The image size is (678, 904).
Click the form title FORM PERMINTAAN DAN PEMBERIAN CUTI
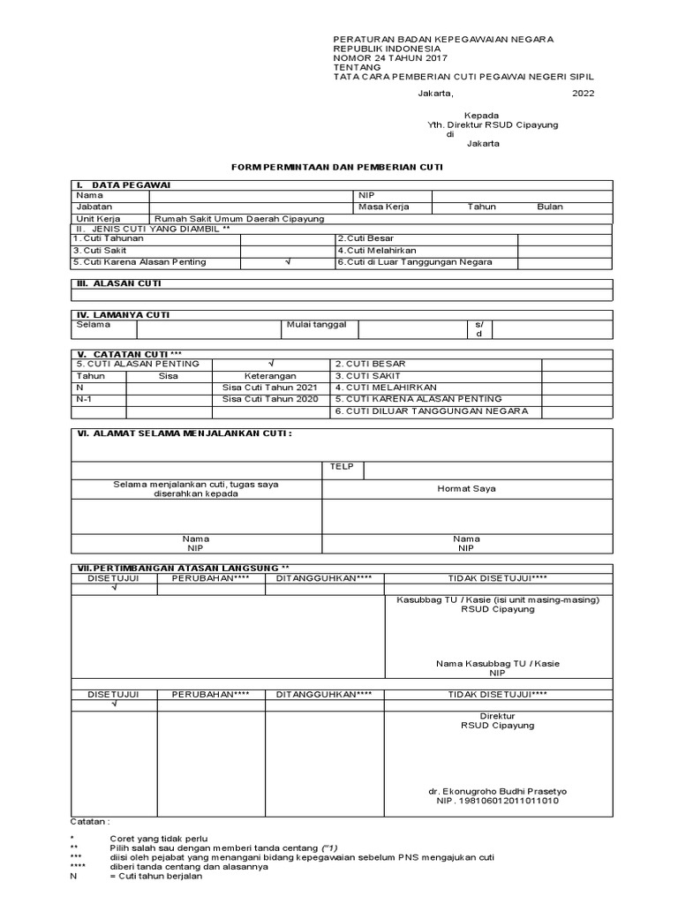(x=336, y=166)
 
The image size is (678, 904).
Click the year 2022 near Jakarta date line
(x=584, y=93)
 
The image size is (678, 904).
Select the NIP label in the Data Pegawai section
(x=366, y=195)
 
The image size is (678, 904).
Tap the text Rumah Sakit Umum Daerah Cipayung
(x=239, y=218)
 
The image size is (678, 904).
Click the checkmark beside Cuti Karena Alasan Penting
(x=287, y=262)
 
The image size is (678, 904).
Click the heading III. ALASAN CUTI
(x=117, y=284)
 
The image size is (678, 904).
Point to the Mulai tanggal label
(x=316, y=325)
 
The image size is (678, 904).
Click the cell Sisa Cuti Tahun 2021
(x=270, y=388)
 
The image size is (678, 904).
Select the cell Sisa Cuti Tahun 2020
(x=270, y=399)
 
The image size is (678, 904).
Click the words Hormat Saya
(x=466, y=488)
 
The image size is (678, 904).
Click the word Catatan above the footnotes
(x=90, y=821)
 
